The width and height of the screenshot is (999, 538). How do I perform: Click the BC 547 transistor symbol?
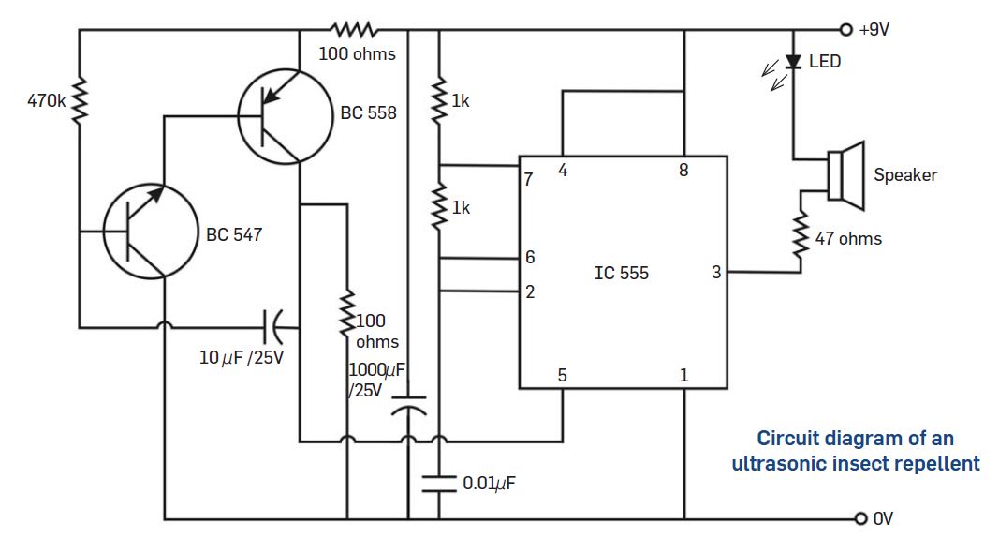point(149,231)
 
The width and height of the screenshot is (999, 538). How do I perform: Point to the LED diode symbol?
point(793,62)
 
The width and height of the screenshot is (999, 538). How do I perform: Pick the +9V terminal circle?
point(846,29)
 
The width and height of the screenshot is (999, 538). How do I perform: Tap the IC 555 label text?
point(621,274)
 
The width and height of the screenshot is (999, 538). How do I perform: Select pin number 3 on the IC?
point(716,273)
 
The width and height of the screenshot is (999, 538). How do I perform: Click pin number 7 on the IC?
point(529,179)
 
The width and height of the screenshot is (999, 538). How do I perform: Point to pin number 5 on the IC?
point(562,375)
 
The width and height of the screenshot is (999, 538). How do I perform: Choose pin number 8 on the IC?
point(683,171)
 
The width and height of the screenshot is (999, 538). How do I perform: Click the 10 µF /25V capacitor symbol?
point(273,327)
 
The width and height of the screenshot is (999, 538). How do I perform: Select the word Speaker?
point(904,174)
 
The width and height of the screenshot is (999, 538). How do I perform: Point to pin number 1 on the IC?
point(683,375)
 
